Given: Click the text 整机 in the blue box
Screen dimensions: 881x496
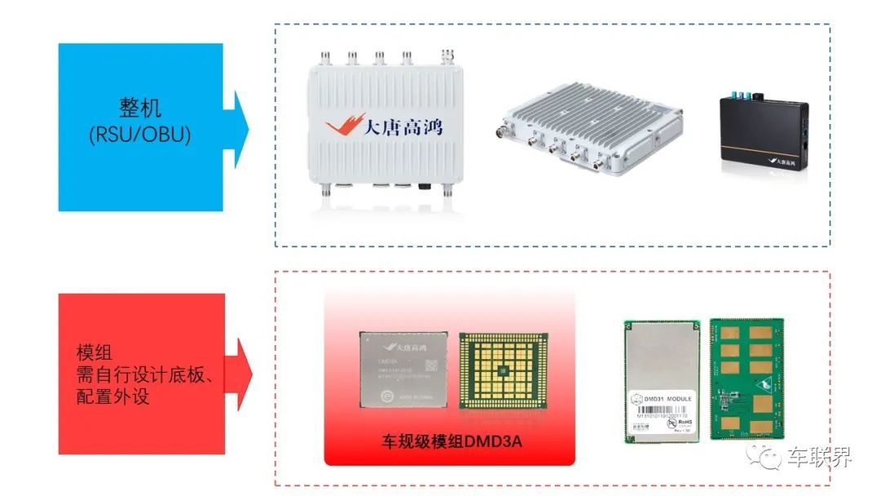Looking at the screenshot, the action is coord(140,108).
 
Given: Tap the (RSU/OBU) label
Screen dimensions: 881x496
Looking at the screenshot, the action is coord(140,135).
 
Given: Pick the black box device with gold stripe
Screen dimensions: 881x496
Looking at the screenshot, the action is coord(764,136).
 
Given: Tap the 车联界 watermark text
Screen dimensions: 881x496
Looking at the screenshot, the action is coord(819,458).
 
